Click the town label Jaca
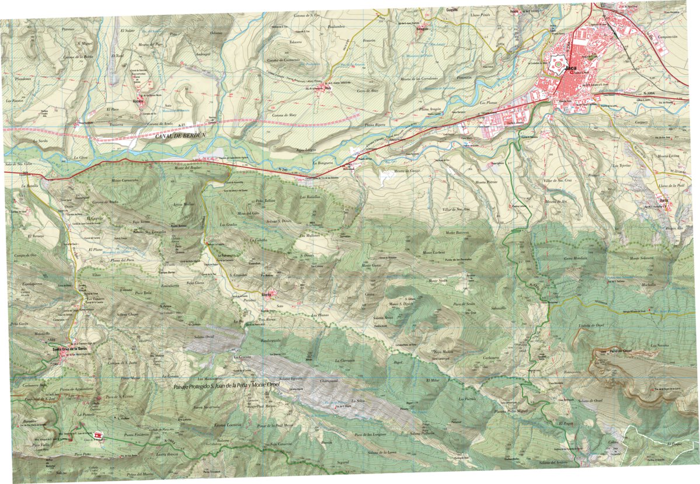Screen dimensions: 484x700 tap(572, 70)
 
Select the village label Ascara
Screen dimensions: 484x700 tap(138, 100)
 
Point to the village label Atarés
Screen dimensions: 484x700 tap(268, 294)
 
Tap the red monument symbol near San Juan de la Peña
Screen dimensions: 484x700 tap(97, 435)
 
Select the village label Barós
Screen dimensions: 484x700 tap(664, 206)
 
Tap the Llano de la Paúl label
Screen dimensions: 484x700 tap(671, 185)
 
